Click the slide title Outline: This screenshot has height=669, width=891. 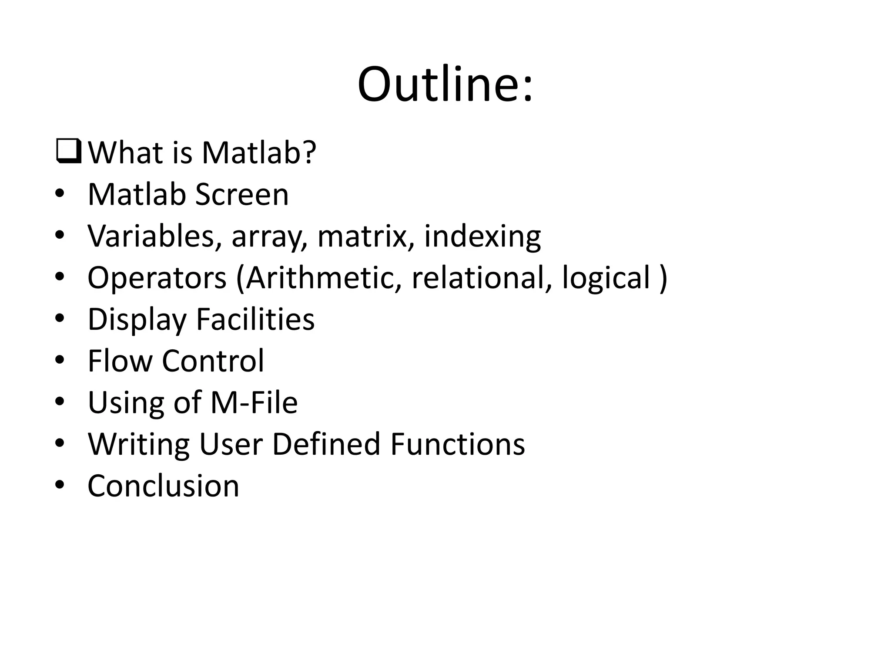pyautogui.click(x=445, y=84)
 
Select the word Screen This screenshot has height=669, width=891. pyautogui.click(x=242, y=194)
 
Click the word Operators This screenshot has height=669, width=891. pyautogui.click(x=157, y=278)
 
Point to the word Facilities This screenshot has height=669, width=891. pyautogui.click(x=255, y=320)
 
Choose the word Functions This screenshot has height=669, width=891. pyautogui.click(x=458, y=444)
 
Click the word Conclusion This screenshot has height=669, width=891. pyautogui.click(x=164, y=486)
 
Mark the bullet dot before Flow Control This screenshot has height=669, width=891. pyautogui.click(x=60, y=360)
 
